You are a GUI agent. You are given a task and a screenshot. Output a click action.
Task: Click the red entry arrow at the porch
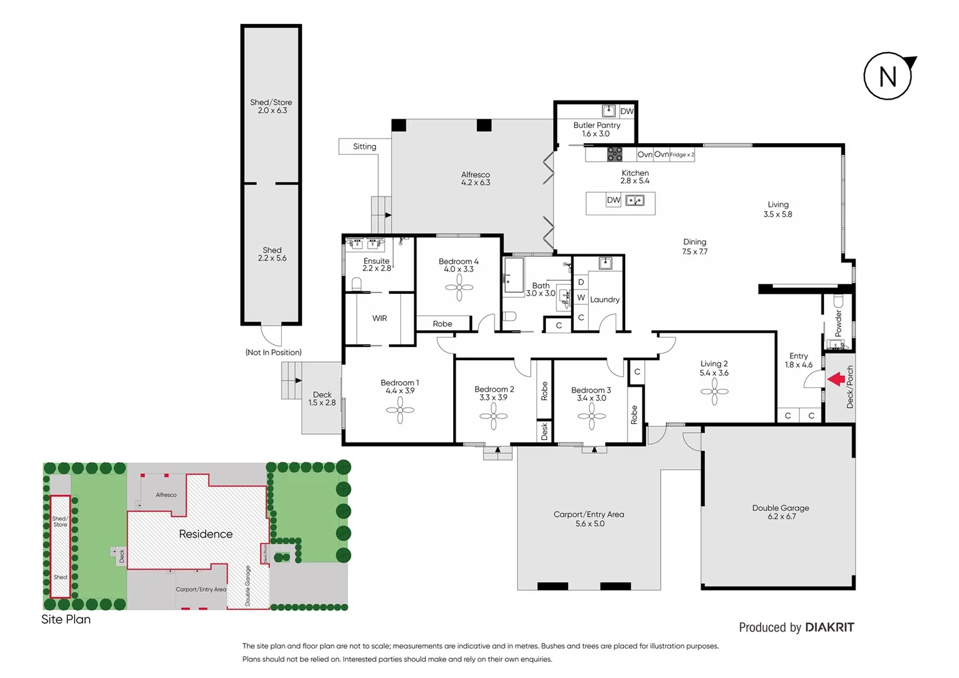pyautogui.click(x=835, y=379)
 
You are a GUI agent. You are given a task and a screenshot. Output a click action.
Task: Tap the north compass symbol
pyautogui.click(x=888, y=77)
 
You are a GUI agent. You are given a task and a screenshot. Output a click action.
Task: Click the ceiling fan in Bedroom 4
pyautogui.click(x=459, y=288)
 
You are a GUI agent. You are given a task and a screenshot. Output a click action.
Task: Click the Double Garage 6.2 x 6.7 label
pyautogui.click(x=781, y=512)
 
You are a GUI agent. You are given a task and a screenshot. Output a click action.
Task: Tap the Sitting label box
pyautogui.click(x=365, y=146)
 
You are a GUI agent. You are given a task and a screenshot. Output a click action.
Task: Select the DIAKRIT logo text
pyautogui.click(x=829, y=627)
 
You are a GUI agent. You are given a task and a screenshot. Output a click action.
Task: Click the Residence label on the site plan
pyautogui.click(x=205, y=534)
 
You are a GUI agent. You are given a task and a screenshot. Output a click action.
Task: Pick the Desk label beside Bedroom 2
pyautogui.click(x=544, y=431)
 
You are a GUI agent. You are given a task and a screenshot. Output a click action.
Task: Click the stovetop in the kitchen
pyautogui.click(x=614, y=154)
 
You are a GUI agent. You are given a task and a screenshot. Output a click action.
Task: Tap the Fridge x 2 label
pyautogui.click(x=682, y=154)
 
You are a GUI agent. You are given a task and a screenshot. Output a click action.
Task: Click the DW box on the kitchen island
pyautogui.click(x=613, y=200)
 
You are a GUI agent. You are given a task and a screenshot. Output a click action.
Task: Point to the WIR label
pyautogui.click(x=380, y=318)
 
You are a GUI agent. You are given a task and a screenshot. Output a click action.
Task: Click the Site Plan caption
pyautogui.click(x=66, y=619)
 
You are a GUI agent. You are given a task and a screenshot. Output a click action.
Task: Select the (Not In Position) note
pyautogui.click(x=273, y=352)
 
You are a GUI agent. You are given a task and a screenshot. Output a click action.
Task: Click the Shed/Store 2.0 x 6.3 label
pyautogui.click(x=271, y=106)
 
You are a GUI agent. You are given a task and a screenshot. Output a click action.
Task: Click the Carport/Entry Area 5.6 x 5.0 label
pyautogui.click(x=589, y=519)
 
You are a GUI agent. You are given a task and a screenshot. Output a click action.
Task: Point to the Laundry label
pyautogui.click(x=604, y=299)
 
